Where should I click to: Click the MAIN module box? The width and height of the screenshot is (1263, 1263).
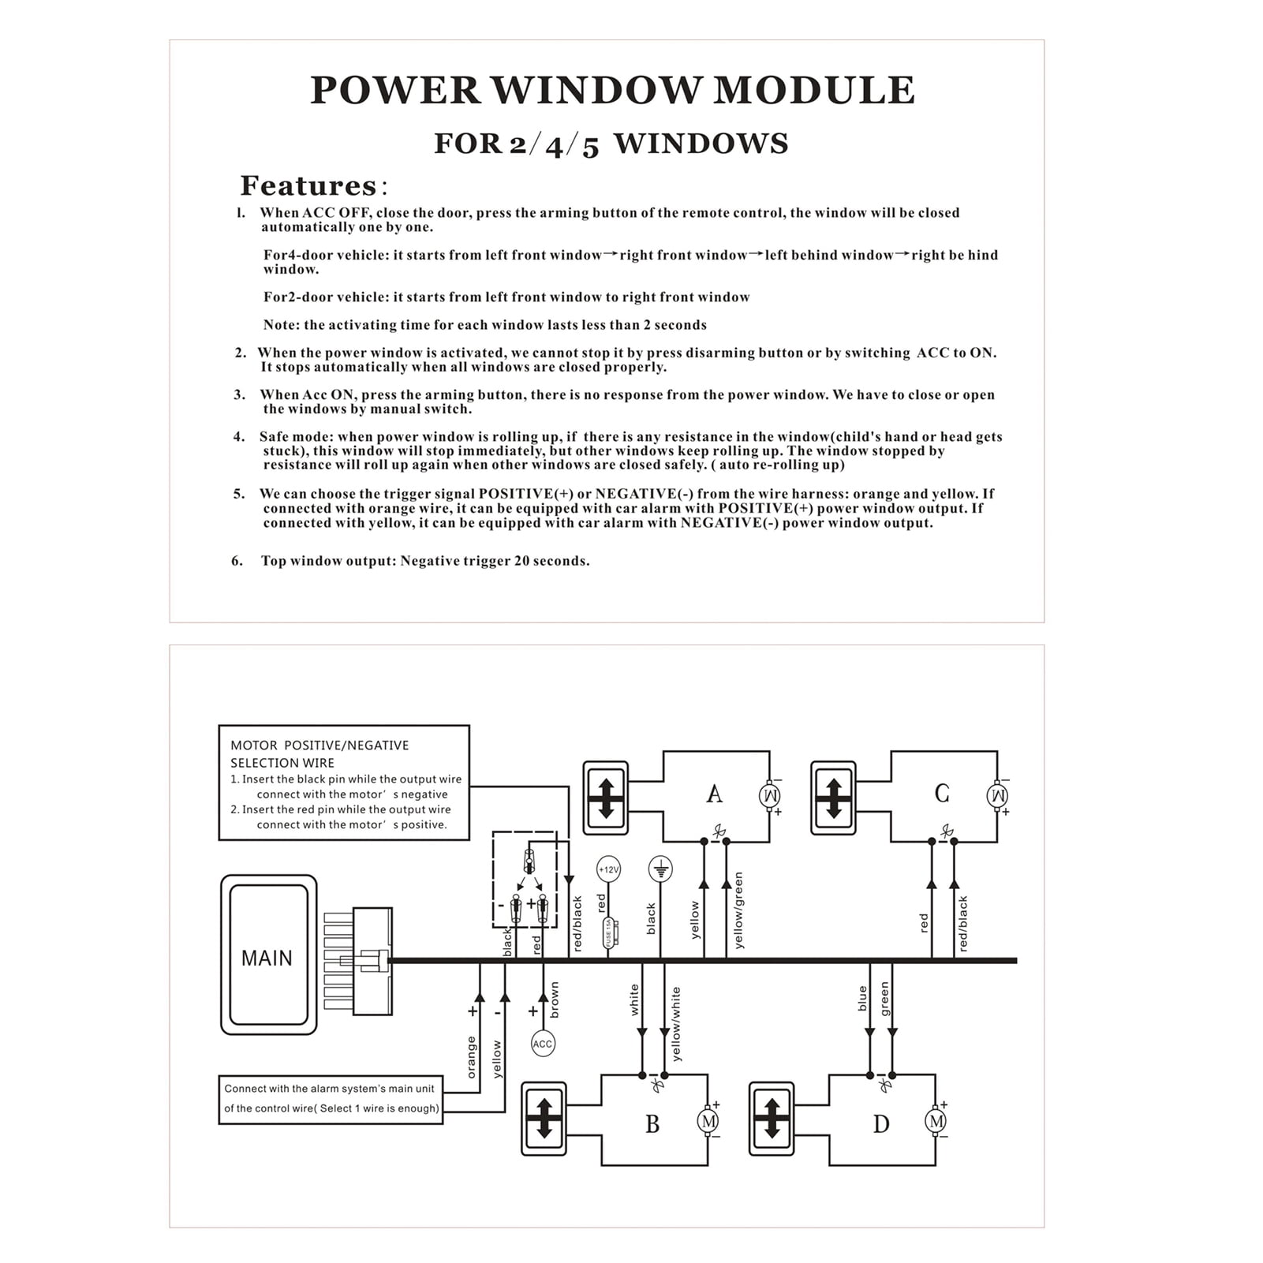[268, 955]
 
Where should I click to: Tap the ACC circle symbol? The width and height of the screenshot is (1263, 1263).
[543, 1044]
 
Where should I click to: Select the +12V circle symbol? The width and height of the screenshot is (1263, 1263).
[608, 869]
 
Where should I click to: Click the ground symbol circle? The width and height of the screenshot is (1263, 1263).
[660, 869]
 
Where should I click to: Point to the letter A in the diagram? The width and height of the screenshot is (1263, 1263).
[714, 794]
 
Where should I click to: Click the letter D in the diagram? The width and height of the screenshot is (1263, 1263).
[881, 1123]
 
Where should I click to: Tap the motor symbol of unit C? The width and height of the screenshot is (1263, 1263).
[997, 795]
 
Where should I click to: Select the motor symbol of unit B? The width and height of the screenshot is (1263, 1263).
[708, 1121]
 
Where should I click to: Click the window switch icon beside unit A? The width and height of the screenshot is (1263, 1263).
[605, 798]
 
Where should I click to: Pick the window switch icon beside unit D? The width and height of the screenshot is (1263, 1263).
[772, 1119]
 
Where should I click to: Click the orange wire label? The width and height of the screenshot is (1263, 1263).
[472, 1057]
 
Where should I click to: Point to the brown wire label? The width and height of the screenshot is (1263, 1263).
[555, 1000]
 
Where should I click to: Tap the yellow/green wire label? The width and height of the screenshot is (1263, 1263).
[738, 910]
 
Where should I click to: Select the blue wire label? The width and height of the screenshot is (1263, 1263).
[862, 998]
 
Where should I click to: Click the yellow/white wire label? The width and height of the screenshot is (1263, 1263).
[675, 1023]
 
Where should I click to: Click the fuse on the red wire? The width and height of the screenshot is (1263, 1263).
[608, 932]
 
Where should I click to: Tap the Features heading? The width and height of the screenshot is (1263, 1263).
[308, 186]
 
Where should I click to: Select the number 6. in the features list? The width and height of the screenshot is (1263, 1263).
[237, 561]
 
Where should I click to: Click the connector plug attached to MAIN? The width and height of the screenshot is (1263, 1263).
[371, 961]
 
